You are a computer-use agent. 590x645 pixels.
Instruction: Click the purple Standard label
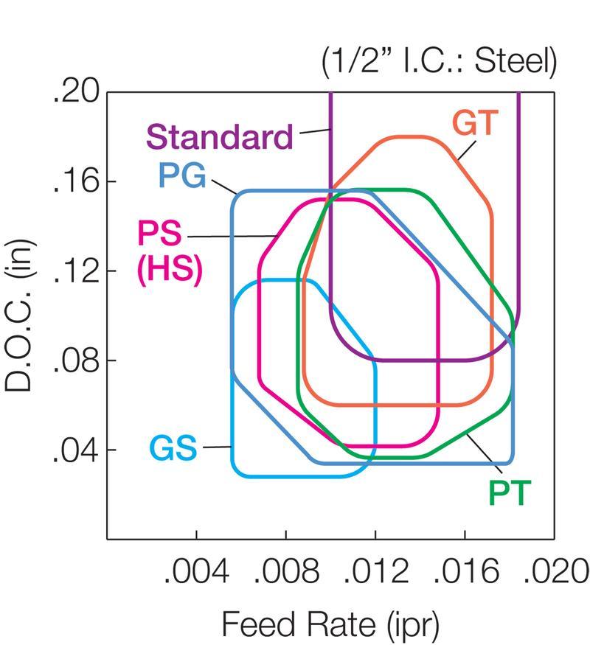tap(220, 138)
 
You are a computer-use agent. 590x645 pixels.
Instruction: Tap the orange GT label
tap(476, 123)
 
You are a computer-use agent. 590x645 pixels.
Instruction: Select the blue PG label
tap(182, 177)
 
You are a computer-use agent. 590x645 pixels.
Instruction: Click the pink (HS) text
tap(169, 271)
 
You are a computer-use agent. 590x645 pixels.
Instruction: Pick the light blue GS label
tap(173, 448)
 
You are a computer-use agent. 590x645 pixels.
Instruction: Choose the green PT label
tap(509, 493)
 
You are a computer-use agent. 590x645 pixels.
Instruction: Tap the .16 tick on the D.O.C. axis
tap(75, 182)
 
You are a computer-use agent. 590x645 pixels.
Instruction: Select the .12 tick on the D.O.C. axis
tap(75, 271)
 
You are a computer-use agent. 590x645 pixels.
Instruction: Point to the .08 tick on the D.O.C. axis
tap(75, 360)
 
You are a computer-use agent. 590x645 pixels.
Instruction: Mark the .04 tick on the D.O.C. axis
tap(75, 450)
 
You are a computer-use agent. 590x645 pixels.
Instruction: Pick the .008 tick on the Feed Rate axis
tap(286, 571)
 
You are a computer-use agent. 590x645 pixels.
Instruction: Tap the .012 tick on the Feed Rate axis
tap(375, 571)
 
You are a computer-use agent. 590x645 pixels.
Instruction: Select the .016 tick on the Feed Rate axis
tap(465, 571)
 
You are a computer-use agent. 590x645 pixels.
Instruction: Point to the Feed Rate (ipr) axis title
tap(330, 626)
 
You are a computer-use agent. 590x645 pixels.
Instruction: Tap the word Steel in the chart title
tap(516, 63)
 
